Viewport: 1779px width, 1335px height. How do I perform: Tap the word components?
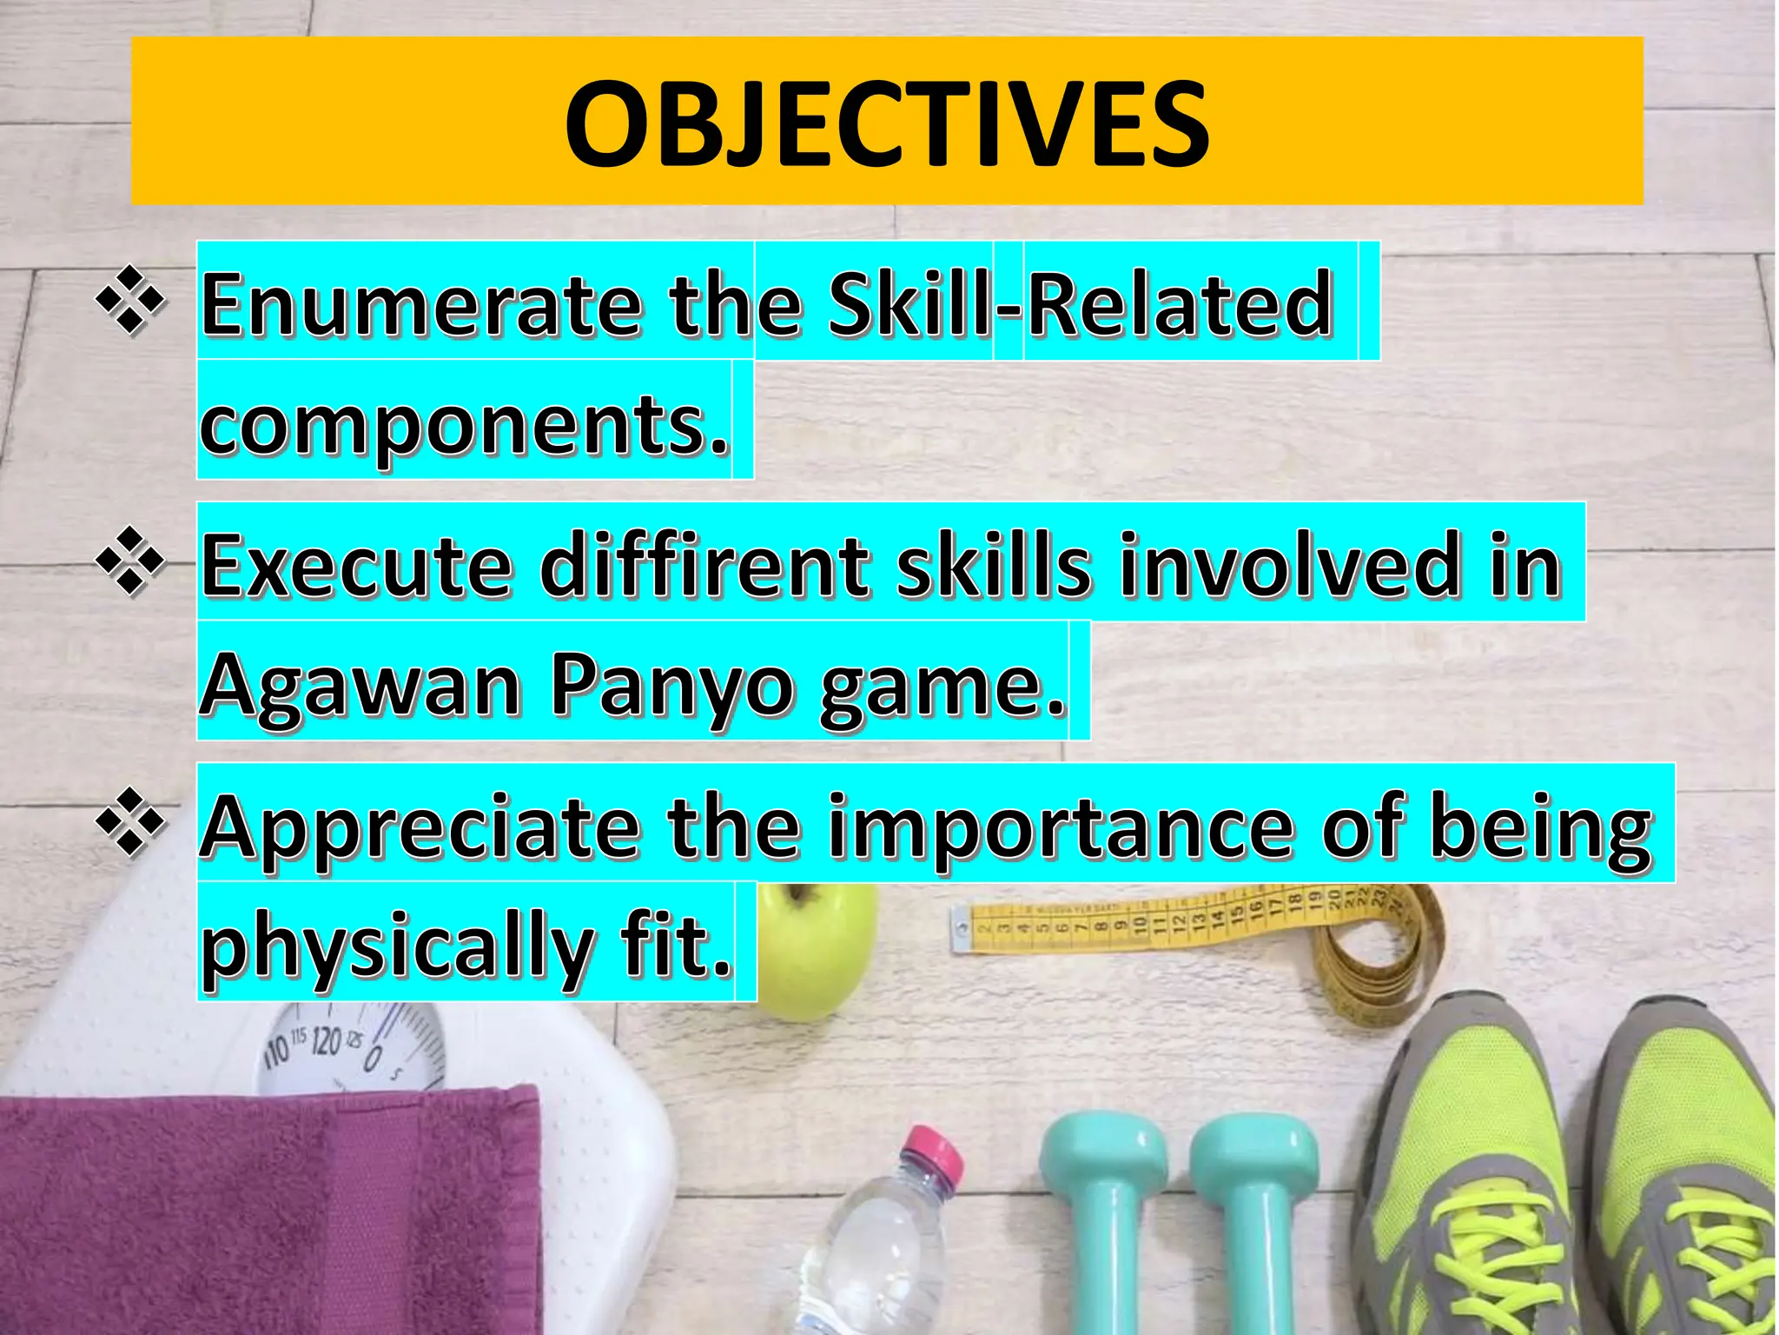coord(465,425)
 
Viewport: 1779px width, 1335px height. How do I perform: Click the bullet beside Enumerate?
coord(130,301)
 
